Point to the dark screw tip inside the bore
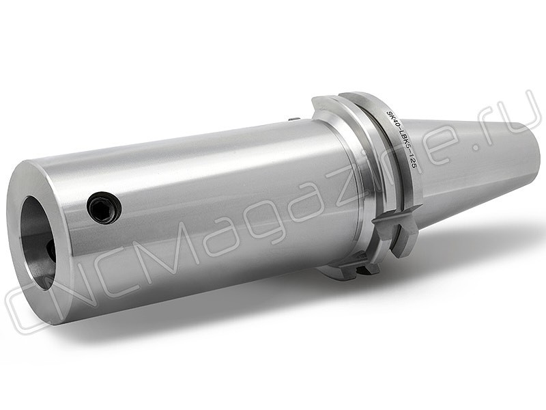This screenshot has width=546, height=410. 51,250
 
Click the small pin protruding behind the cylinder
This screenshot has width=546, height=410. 293,119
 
